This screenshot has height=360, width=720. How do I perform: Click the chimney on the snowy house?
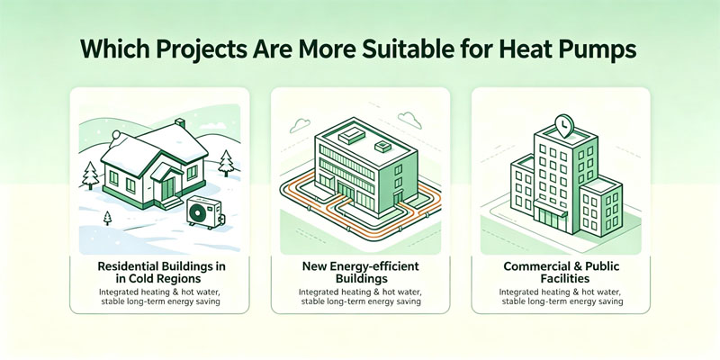[181, 123]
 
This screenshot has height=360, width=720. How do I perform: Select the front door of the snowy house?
[168, 188]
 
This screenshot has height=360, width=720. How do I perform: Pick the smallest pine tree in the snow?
[107, 218]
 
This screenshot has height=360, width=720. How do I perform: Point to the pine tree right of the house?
[226, 164]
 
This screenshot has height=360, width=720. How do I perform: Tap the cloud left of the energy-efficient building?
[301, 124]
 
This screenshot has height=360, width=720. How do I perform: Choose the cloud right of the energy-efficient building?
[409, 120]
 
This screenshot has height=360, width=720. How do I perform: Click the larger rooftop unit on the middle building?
[351, 137]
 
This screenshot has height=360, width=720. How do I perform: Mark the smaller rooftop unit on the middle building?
[382, 147]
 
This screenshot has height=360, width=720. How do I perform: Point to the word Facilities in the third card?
[561, 279]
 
